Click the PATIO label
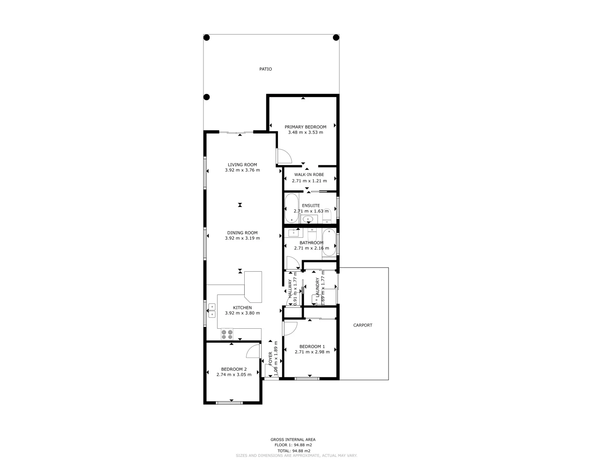point(265,69)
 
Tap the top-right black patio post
point(336,38)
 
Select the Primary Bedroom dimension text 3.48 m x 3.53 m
point(305,132)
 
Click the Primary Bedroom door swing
point(282,156)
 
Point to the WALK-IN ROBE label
point(309,174)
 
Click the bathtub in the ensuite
point(291,208)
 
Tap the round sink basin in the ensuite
point(308,219)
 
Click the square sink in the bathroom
point(293,233)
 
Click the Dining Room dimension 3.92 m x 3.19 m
point(242,238)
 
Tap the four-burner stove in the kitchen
point(227,334)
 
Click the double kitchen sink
point(212,310)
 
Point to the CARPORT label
point(363,325)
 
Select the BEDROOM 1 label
point(312,346)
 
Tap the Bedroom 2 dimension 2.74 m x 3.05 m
point(234,374)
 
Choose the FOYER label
point(270,359)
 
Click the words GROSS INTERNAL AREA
point(292,439)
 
